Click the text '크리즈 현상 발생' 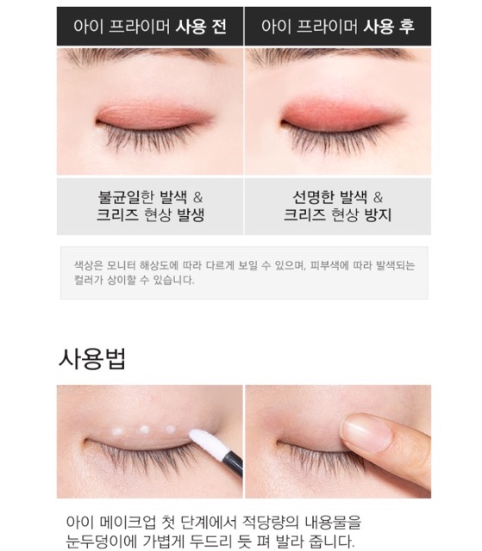tap(150, 215)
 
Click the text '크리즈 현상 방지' tap(338, 215)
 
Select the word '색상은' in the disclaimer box tap(88, 265)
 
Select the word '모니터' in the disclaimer tap(126, 265)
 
